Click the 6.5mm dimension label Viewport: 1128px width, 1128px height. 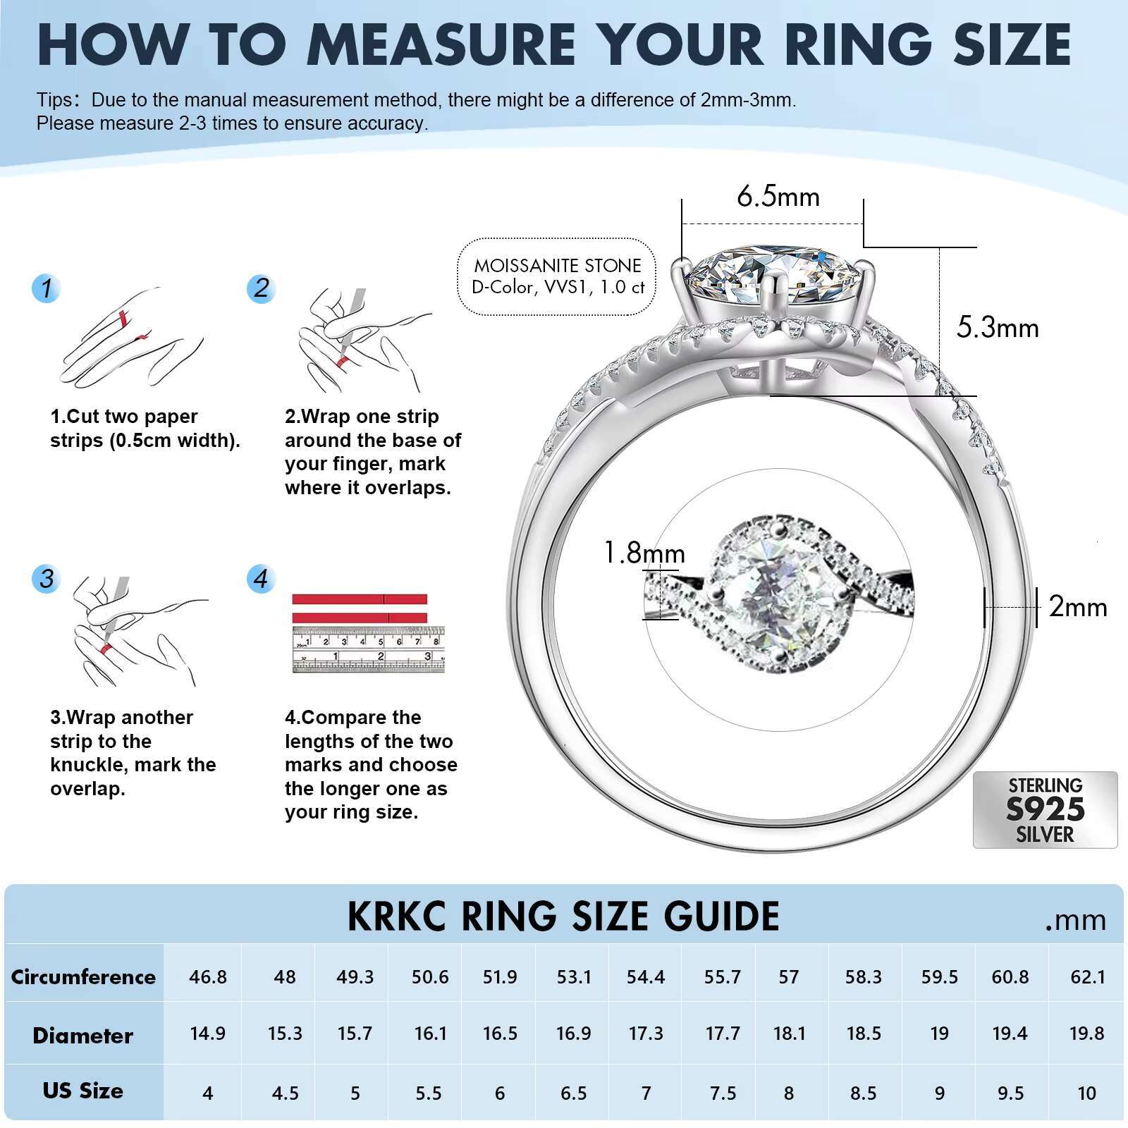click(778, 197)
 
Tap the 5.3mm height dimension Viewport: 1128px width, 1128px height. click(997, 329)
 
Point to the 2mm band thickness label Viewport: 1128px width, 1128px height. click(1077, 607)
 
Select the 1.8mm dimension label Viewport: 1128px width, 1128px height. click(644, 553)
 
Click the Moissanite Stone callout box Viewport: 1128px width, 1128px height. click(557, 276)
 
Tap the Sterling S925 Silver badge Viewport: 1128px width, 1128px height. click(1045, 809)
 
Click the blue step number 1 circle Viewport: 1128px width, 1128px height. click(47, 288)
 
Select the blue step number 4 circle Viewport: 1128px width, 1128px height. click(261, 579)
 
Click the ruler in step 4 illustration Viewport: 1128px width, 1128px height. click(368, 649)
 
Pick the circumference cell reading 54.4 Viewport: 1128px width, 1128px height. click(645, 977)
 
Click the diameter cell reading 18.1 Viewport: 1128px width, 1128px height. click(789, 1034)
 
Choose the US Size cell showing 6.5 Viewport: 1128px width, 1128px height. click(573, 1093)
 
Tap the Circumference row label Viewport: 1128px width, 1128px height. click(83, 977)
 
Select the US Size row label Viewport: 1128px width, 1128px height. click(82, 1091)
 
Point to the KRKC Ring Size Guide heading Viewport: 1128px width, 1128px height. click(563, 916)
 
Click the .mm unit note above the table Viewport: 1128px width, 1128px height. click(1075, 920)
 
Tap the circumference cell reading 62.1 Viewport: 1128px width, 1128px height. click(1086, 977)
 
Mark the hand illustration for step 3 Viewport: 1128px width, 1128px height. click(134, 631)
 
